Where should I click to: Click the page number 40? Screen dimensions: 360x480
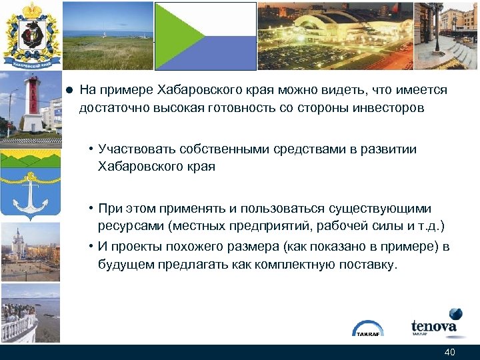[449, 352]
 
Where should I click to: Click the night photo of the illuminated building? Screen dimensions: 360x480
[333, 35]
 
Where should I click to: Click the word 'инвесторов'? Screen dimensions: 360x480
[390, 107]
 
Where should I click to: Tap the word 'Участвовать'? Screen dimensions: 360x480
[136, 149]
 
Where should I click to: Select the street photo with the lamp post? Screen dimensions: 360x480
[446, 35]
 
